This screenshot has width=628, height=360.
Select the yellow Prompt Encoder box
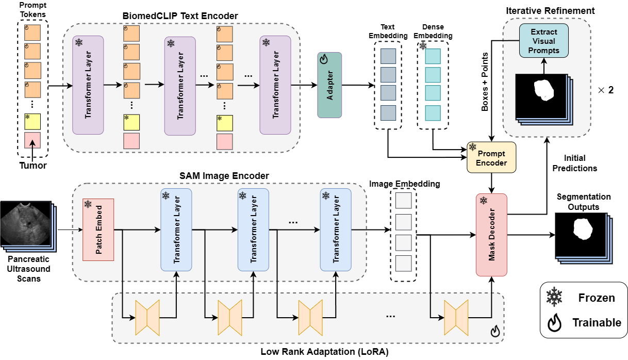(x=491, y=157)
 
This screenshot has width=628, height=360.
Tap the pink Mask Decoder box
(x=491, y=235)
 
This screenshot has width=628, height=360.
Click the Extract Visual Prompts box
(x=544, y=41)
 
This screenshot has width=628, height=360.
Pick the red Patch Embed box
(x=98, y=229)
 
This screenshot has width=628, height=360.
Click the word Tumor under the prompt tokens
(x=32, y=166)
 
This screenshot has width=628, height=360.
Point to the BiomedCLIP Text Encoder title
(x=180, y=16)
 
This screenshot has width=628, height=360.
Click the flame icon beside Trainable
(x=555, y=323)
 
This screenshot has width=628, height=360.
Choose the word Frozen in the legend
(x=596, y=298)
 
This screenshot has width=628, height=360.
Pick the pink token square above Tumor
(x=32, y=140)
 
